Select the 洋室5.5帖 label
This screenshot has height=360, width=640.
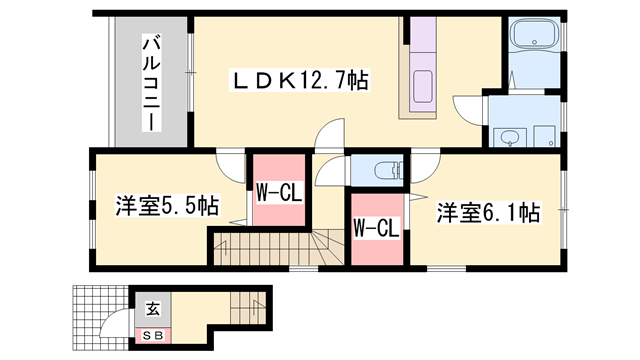(153, 207)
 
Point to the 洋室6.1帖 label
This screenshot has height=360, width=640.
(488, 213)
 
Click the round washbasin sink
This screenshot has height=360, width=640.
(509, 137)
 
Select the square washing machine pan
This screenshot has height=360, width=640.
(544, 135)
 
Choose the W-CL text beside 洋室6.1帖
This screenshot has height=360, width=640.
(377, 229)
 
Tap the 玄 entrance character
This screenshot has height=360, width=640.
(152, 310)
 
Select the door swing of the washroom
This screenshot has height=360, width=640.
(468, 108)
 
